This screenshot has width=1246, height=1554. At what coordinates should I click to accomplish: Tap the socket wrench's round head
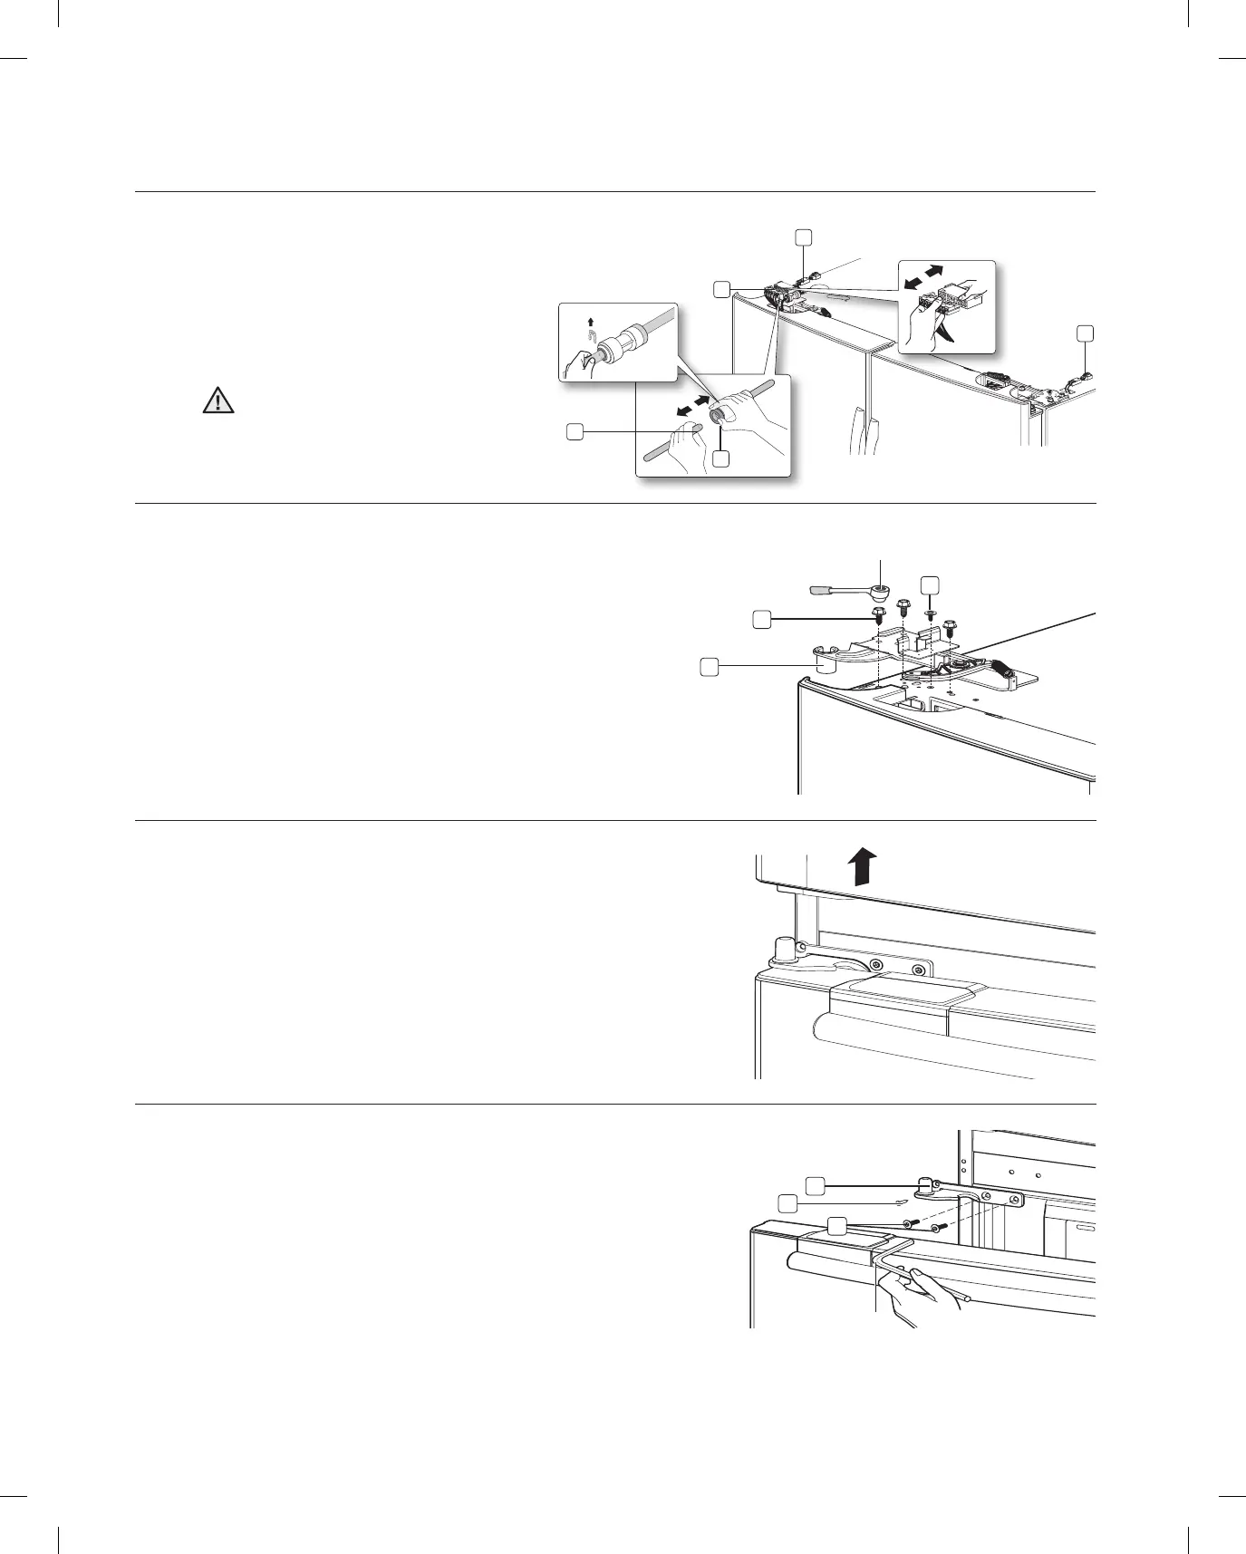[878, 593]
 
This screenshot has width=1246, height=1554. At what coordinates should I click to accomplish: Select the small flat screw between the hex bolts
[928, 614]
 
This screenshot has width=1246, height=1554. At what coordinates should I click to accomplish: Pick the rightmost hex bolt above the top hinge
[950, 626]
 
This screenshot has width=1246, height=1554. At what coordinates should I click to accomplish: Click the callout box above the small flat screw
[929, 584]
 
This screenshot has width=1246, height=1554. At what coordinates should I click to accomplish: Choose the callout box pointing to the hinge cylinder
[710, 667]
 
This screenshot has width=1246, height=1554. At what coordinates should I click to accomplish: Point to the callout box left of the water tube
[574, 432]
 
